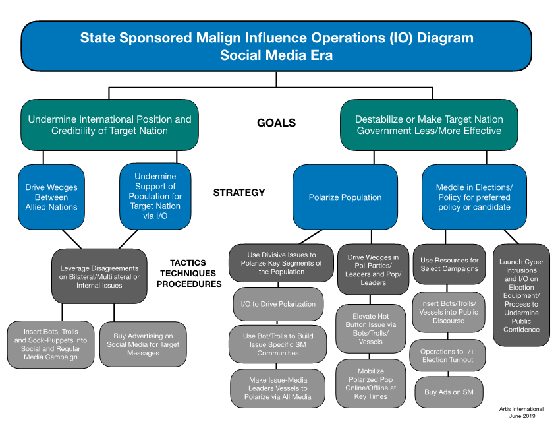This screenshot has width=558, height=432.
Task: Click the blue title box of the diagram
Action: [x=277, y=46]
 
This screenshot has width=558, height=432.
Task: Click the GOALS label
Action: [x=277, y=123]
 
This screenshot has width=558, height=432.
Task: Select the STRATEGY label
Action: [x=239, y=193]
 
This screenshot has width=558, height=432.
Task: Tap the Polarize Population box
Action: [x=345, y=197]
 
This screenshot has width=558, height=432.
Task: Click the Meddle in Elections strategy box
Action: [x=474, y=197]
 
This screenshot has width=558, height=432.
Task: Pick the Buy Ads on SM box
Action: [x=448, y=392]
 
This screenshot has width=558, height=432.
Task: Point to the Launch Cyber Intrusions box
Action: [x=521, y=295]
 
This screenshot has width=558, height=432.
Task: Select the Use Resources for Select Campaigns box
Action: [x=449, y=264]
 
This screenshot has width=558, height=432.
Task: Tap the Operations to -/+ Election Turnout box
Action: [x=448, y=355]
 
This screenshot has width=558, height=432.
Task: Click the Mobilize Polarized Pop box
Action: [x=371, y=384]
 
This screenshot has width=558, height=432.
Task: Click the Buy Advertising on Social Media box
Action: [x=143, y=344]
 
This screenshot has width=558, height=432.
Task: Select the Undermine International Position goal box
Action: [x=109, y=125]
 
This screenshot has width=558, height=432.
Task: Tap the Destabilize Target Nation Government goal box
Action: [x=429, y=125]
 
